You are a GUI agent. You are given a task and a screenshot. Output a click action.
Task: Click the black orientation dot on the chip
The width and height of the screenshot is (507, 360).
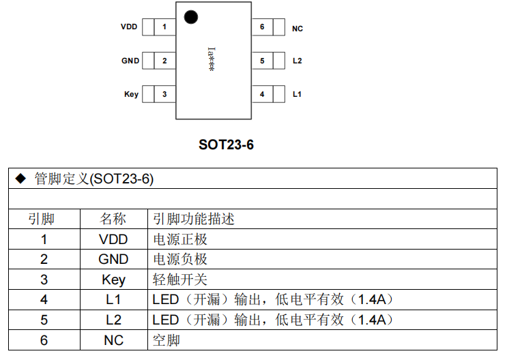(191, 17)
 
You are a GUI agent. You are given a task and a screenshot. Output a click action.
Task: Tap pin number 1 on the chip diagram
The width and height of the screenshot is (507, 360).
(164, 27)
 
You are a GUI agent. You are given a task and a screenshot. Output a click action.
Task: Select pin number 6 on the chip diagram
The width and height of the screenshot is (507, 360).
(262, 27)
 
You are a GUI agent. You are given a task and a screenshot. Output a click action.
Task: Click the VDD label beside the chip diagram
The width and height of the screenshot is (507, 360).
(129, 27)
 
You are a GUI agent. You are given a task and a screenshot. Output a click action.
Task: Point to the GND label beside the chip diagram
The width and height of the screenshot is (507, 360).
(130, 61)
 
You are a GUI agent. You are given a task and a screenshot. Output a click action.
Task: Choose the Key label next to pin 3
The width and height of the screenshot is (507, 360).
(131, 94)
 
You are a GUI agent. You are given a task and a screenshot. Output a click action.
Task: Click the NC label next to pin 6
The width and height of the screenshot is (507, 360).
(298, 29)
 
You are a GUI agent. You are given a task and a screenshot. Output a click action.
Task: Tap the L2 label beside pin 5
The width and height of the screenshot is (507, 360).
(297, 61)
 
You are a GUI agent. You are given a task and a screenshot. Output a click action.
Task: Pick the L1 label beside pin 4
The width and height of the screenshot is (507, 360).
(297, 94)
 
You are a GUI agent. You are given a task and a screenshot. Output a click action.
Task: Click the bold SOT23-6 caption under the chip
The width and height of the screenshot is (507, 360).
(226, 145)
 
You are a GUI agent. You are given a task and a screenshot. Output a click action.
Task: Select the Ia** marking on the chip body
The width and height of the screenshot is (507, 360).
(211, 59)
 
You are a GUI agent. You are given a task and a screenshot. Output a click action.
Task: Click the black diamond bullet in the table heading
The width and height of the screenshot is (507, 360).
(20, 179)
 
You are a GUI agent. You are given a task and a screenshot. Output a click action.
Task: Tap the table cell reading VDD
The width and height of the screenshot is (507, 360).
(113, 239)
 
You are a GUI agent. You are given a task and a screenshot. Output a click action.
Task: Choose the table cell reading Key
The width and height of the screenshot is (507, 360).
(113, 280)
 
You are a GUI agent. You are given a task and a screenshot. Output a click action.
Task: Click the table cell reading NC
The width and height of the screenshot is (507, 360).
(113, 340)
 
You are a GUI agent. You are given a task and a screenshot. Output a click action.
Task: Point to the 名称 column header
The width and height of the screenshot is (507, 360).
(113, 219)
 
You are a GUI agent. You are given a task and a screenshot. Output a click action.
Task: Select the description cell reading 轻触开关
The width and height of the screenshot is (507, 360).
(179, 280)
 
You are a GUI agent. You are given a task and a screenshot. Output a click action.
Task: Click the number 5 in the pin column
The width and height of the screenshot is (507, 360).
(44, 320)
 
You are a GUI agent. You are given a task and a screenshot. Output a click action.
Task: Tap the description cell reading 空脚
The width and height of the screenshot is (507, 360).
(166, 340)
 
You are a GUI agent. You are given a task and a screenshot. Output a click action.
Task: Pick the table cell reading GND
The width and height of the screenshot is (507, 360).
(113, 260)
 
